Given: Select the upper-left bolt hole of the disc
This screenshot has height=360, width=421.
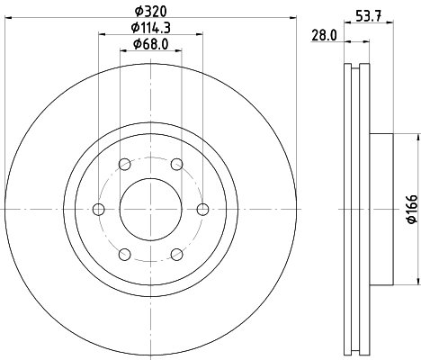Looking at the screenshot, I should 124,164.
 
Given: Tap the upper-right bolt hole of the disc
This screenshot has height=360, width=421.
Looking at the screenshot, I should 176,164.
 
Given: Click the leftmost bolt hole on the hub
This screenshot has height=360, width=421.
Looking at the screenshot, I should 99,209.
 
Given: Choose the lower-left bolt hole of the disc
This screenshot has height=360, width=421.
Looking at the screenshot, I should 124,253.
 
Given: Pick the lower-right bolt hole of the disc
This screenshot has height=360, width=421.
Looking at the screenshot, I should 176,253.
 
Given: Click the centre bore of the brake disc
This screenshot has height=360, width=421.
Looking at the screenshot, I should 150,209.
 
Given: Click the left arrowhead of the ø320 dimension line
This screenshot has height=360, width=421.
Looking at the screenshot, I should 8,19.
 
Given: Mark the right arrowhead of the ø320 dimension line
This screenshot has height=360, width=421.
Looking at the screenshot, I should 292,19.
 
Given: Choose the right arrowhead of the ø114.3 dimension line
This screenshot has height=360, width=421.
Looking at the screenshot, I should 199,35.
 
